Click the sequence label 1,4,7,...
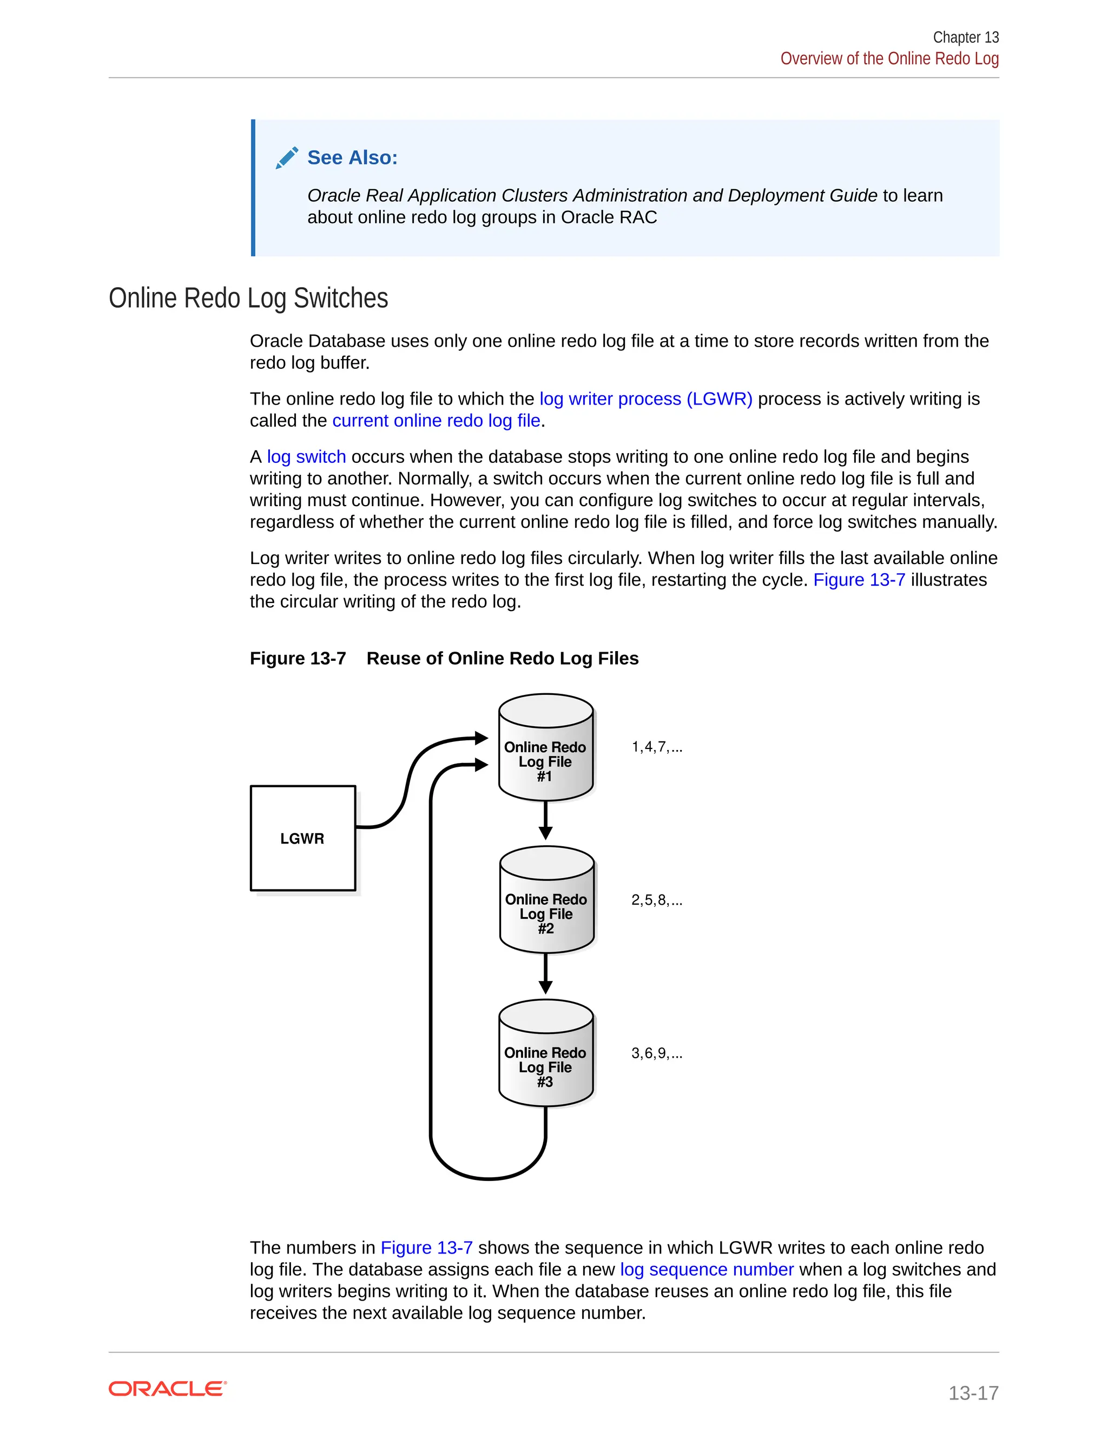[x=656, y=747]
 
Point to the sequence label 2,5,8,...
[x=656, y=900]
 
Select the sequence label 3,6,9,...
[x=656, y=1053]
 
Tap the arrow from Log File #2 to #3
[x=545, y=975]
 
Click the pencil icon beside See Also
[x=287, y=157]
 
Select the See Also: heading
[x=353, y=157]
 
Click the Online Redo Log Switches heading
[x=248, y=298]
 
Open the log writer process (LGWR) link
[x=646, y=399]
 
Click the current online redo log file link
[x=437, y=421]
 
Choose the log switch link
[x=307, y=457]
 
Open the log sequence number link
[x=707, y=1270]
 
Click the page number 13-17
[x=973, y=1392]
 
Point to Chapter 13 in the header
[x=966, y=37]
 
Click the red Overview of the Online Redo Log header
[x=889, y=59]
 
